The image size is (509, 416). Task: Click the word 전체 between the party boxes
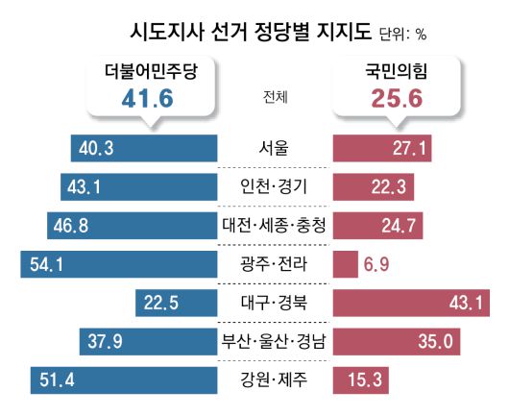click(273, 95)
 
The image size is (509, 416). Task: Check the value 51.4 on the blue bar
click(57, 379)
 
